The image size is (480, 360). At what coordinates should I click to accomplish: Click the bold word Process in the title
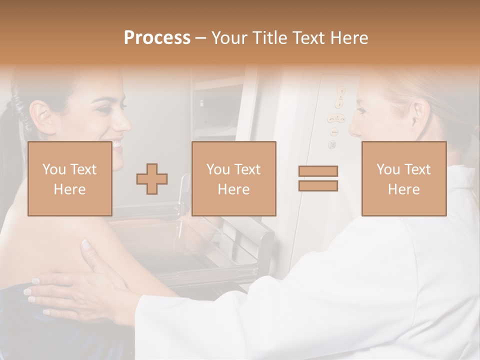click(x=157, y=38)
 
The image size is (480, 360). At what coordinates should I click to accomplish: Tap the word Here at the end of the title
click(x=348, y=38)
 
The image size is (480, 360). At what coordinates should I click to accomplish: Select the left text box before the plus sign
click(x=70, y=178)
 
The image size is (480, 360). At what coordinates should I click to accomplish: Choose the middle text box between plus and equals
click(x=234, y=178)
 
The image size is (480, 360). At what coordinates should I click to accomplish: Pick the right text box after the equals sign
click(x=404, y=178)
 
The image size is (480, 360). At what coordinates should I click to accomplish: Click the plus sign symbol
click(x=152, y=178)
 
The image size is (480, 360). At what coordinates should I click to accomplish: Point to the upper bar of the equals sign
click(x=318, y=171)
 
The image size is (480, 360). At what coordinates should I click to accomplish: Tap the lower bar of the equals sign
click(x=318, y=185)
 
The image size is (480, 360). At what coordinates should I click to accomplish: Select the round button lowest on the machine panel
click(x=331, y=145)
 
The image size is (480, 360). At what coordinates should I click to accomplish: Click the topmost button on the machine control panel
click(x=341, y=92)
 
